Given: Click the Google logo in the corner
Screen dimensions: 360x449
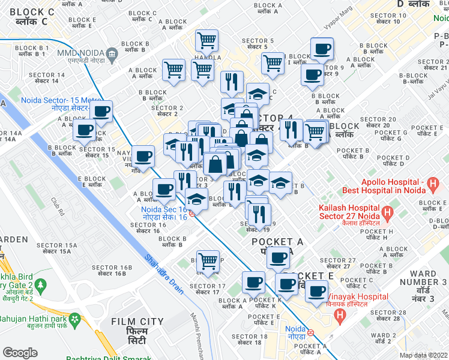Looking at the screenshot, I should coord(20,353).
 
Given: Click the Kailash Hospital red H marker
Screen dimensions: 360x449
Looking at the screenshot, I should coord(387,211).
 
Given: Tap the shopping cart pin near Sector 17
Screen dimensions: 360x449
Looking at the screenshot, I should coord(208,260).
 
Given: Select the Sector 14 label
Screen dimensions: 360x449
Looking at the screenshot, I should coord(50,77).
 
